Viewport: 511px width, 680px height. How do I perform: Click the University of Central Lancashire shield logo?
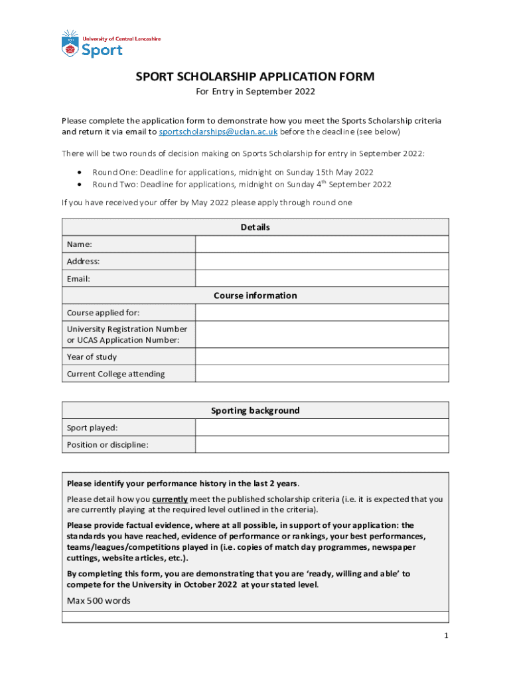70,43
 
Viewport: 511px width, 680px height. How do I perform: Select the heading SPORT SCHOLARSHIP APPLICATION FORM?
255,77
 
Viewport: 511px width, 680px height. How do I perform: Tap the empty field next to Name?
322,244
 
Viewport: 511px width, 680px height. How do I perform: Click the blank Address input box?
322,262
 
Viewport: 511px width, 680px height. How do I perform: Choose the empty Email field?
322,279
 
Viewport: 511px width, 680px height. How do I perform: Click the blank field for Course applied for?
322,313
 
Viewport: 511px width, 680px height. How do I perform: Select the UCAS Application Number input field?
322,335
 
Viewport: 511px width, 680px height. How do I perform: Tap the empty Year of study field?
322,357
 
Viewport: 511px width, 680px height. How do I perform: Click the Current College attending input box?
322,374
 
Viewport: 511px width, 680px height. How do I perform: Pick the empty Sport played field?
322,428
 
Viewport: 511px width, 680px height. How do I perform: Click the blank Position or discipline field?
322,444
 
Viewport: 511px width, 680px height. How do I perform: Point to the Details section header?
255,227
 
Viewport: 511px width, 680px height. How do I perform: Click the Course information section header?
255,296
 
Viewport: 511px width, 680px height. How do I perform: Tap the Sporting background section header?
255,410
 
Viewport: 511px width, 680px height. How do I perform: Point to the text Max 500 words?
99,601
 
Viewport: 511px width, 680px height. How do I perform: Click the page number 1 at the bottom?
447,636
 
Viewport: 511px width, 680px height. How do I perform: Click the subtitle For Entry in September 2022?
255,92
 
